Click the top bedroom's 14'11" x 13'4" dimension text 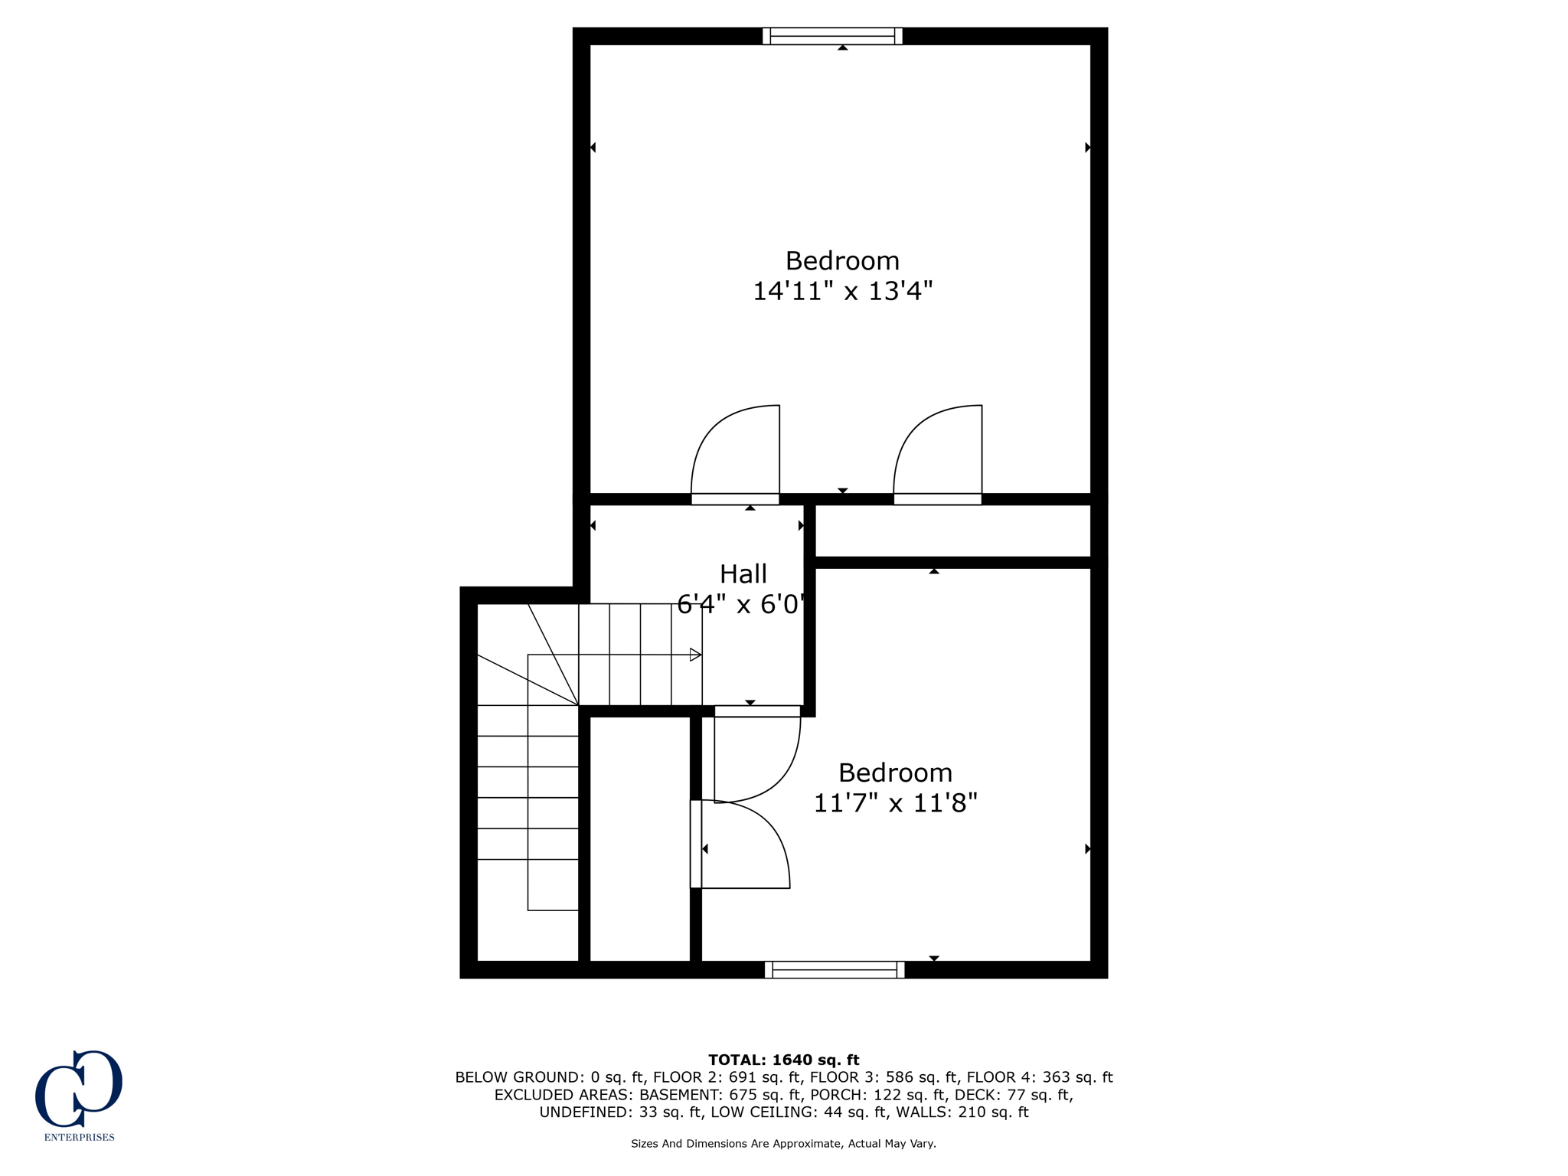842,292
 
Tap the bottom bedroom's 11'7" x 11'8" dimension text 895,803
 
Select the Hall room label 743,574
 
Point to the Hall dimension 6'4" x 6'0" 741,606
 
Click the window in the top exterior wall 832,36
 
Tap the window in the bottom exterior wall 835,970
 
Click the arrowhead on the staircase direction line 695,655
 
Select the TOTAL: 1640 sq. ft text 783,1060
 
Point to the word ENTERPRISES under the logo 79,1137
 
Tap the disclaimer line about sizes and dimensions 783,1144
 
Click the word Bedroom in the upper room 842,261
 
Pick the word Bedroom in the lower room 895,773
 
